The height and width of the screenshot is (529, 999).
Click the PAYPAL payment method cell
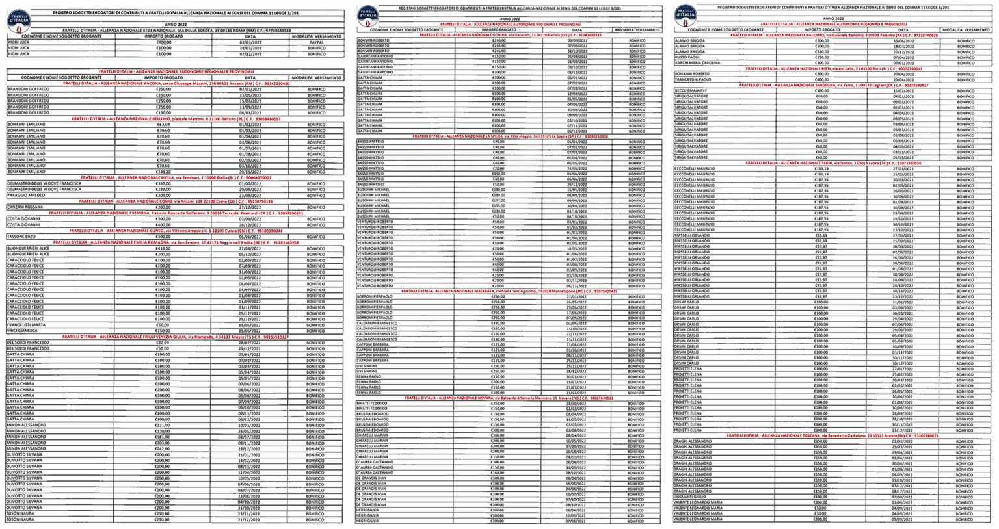coord(316,42)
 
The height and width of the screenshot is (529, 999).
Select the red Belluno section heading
coord(176,119)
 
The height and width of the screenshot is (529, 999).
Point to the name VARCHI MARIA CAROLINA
coord(697,63)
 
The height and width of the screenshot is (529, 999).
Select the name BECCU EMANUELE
coord(690,91)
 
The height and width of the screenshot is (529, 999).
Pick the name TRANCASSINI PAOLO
coord(693,79)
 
